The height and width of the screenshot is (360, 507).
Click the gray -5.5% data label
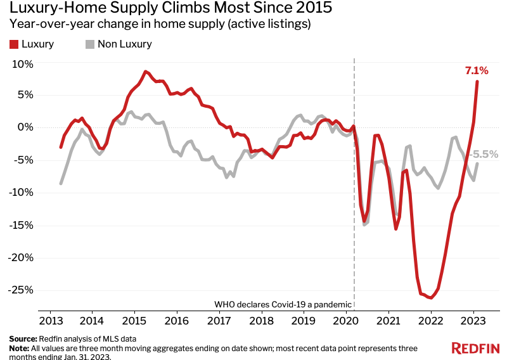pos(484,154)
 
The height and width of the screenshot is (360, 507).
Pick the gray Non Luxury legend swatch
pos(89,44)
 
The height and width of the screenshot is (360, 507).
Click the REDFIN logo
pos(475,347)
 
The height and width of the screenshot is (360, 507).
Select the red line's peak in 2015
pos(145,72)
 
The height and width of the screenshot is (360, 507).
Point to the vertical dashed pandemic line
pos(354,190)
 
